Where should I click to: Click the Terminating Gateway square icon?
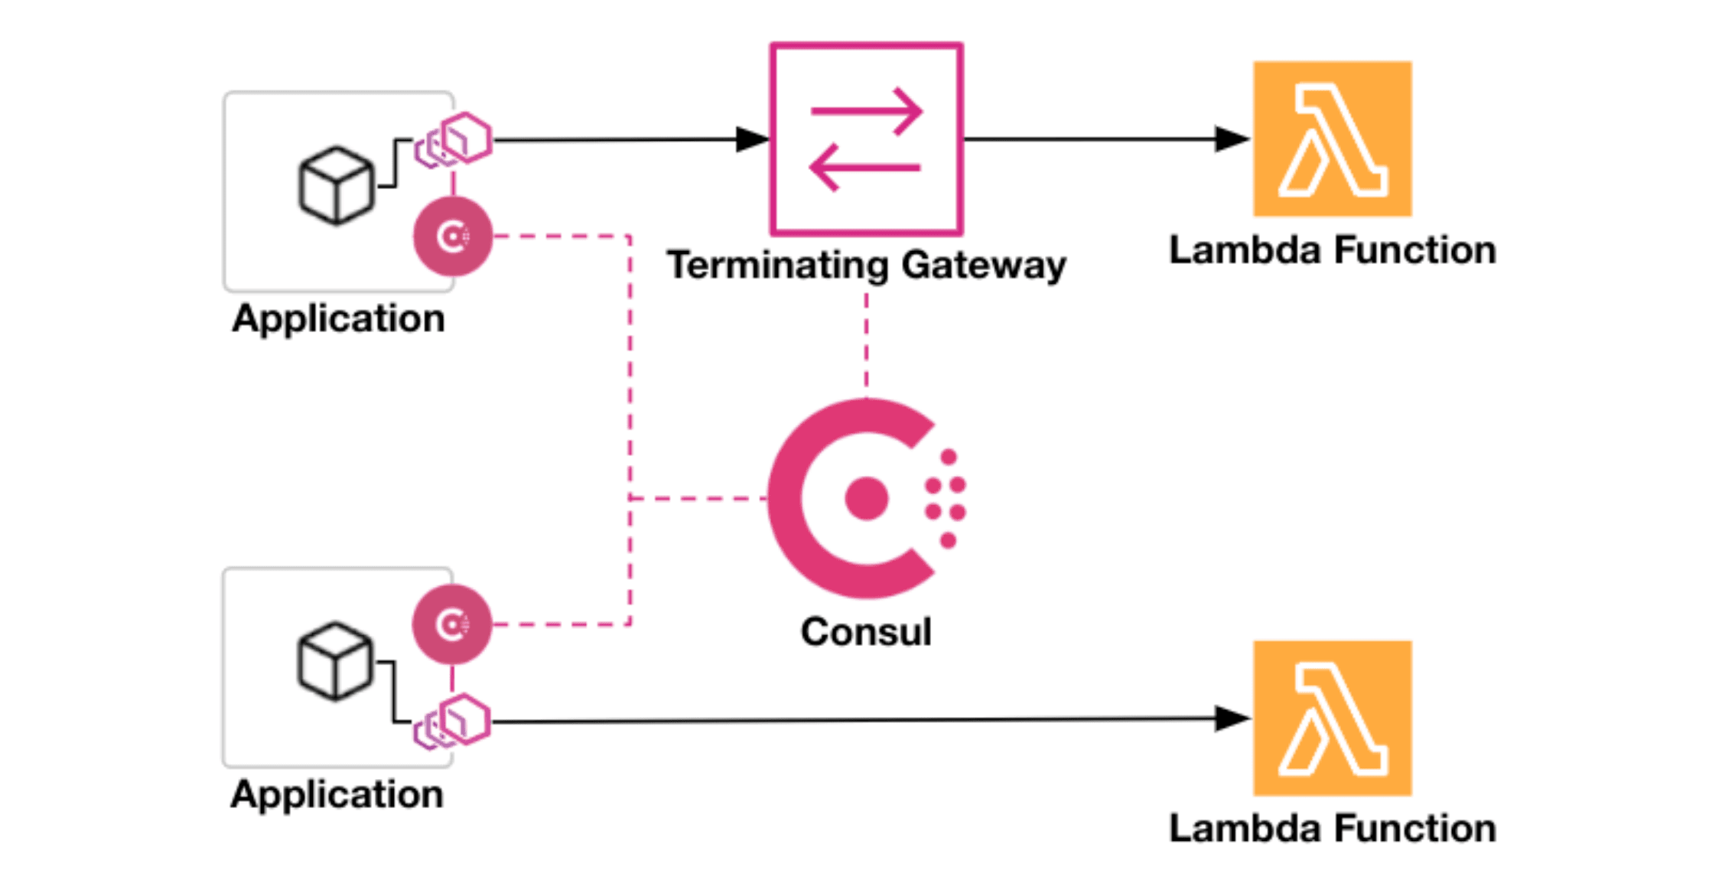click(x=866, y=139)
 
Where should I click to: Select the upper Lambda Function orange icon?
click(x=1332, y=139)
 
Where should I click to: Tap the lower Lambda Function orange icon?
click(x=1332, y=718)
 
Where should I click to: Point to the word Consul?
click(x=866, y=632)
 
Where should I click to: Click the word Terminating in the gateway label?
click(x=777, y=266)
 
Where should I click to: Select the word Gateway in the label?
click(x=983, y=266)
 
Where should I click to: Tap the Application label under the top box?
click(x=338, y=318)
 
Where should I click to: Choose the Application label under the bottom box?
click(x=337, y=794)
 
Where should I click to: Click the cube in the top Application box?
click(x=336, y=186)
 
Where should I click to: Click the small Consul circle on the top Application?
click(x=453, y=236)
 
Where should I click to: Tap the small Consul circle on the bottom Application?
click(x=452, y=624)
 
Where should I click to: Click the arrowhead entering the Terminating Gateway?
click(x=751, y=139)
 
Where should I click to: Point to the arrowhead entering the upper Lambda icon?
click(x=1232, y=139)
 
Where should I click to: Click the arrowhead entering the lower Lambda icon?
click(x=1232, y=719)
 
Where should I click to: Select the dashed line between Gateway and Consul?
click(x=866, y=341)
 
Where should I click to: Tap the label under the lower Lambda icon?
click(x=1332, y=829)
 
